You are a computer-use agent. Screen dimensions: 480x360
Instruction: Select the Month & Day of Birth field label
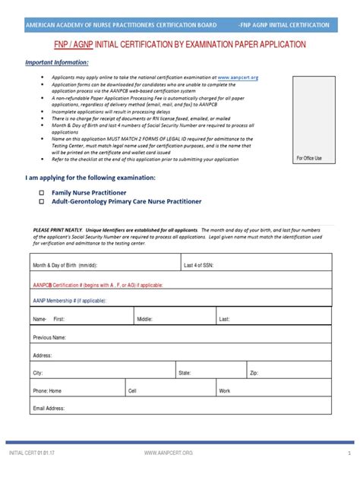point(65,266)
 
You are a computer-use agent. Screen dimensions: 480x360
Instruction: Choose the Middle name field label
point(144,319)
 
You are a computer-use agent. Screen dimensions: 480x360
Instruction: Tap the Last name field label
point(224,319)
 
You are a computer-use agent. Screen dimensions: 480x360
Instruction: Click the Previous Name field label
point(49,336)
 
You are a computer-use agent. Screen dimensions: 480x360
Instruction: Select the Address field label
point(43,355)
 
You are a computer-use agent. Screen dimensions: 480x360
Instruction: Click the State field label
point(185,373)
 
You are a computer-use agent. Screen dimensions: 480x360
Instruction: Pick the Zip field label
point(254,373)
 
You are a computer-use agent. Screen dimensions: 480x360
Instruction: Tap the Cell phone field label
point(133,390)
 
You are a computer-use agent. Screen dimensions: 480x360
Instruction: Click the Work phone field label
point(224,390)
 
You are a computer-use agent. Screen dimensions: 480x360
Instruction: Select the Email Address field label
point(49,409)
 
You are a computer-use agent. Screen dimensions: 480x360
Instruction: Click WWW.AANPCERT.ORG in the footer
point(169,453)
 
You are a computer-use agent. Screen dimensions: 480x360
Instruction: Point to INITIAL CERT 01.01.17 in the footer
point(32,453)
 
